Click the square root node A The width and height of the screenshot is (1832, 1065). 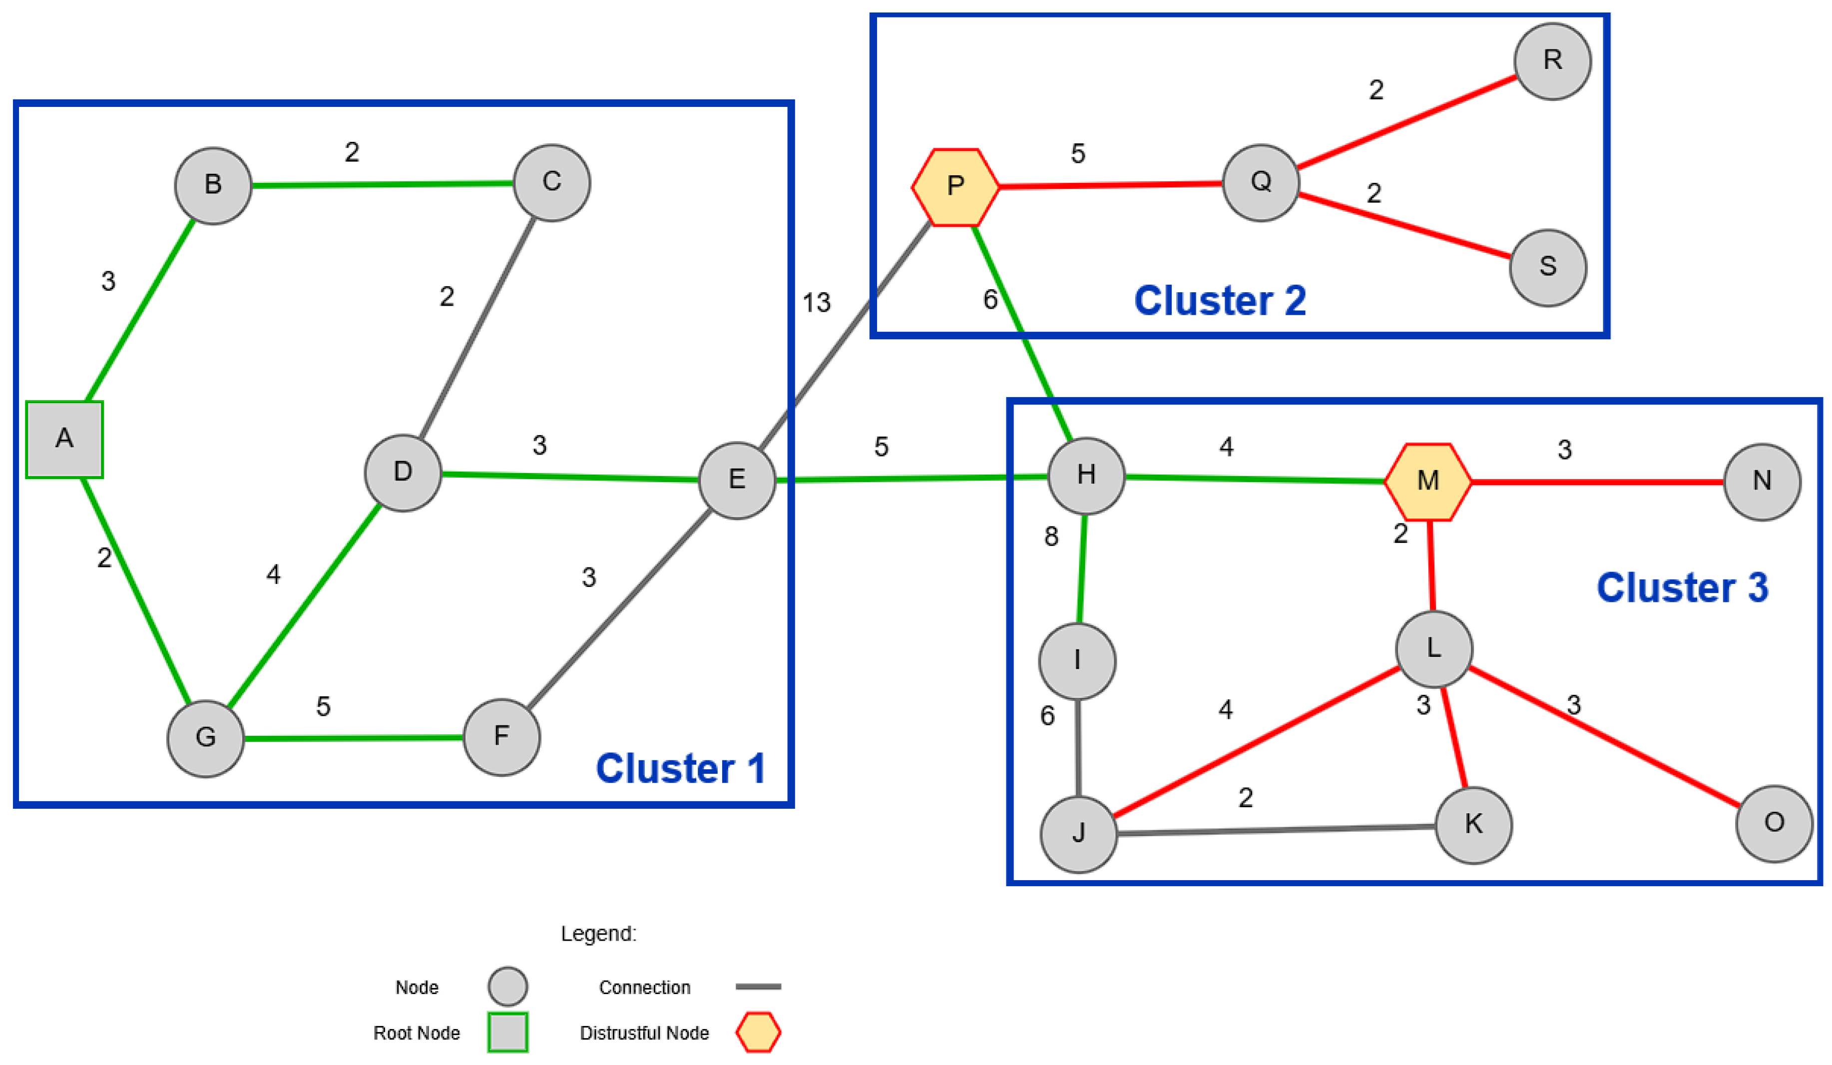tap(65, 440)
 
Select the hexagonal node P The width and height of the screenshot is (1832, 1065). tap(955, 187)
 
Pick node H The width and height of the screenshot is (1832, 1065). tap(1086, 476)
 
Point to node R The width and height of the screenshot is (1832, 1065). tap(1553, 61)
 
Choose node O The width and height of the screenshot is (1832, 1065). tap(1774, 824)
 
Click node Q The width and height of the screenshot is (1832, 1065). tap(1261, 182)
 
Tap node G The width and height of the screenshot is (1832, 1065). tap(206, 739)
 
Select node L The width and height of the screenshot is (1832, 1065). tap(1434, 649)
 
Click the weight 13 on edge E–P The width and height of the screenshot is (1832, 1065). tap(817, 302)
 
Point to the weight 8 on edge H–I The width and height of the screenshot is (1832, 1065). tap(1051, 536)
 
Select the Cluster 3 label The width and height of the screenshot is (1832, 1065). tap(1682, 587)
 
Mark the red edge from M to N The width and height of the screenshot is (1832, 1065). tap(1598, 482)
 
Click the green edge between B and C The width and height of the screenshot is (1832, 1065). tap(383, 185)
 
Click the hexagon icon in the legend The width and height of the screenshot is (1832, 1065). tap(758, 1033)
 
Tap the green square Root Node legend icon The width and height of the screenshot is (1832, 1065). tap(507, 1033)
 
